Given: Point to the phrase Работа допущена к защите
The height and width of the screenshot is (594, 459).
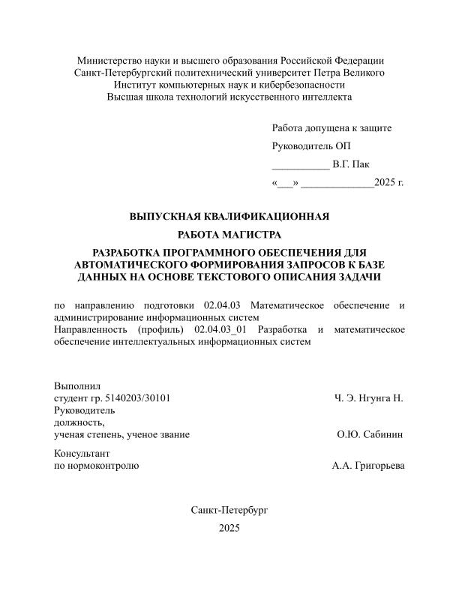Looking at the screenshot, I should coord(331,127).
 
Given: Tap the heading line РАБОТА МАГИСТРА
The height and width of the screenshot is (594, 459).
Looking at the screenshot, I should coord(229,235).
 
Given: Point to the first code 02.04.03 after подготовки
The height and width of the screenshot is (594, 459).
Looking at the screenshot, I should coord(221,305).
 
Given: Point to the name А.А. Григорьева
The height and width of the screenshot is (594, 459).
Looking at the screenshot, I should coord(367,466).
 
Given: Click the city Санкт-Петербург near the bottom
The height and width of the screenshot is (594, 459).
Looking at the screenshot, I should coord(229,509).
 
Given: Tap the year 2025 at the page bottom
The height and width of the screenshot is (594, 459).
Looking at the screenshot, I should coord(229,529).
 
